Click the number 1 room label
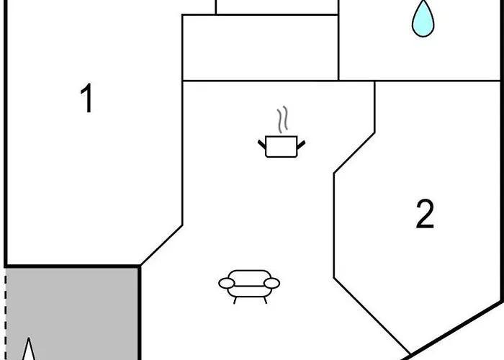click(x=87, y=98)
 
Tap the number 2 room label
click(x=425, y=214)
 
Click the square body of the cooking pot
click(x=282, y=147)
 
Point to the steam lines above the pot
click(x=282, y=120)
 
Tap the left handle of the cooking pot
click(x=262, y=144)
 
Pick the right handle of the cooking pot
click(x=301, y=145)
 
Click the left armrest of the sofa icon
click(x=227, y=283)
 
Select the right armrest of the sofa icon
click(x=271, y=283)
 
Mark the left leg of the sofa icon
click(x=235, y=300)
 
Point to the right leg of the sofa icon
click(x=265, y=300)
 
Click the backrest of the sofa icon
click(x=249, y=278)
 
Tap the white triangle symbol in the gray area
click(x=29, y=350)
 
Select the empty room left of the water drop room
click(x=261, y=48)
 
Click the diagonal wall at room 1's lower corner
click(x=161, y=246)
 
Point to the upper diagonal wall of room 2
click(x=354, y=153)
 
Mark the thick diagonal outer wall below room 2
click(x=453, y=330)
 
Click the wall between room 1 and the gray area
click(x=72, y=266)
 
